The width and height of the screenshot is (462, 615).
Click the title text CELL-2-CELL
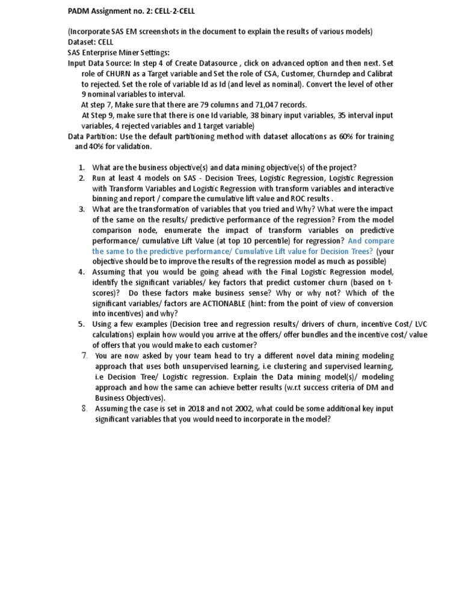tap(173, 11)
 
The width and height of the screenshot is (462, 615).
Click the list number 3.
tap(82, 210)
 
